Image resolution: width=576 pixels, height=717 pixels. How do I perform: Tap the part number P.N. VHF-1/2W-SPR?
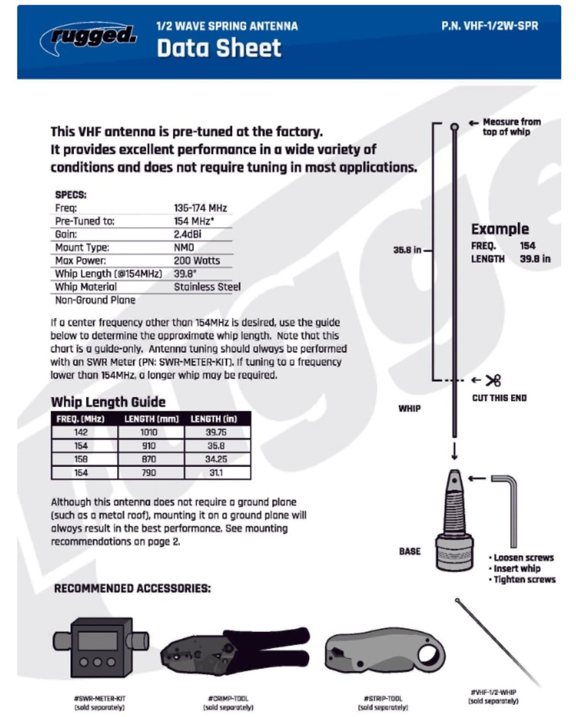click(490, 26)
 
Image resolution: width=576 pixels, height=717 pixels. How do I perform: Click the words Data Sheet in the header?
click(219, 48)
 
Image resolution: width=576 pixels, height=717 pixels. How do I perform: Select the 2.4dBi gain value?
click(187, 234)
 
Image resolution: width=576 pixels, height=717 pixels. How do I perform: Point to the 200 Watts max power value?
click(197, 261)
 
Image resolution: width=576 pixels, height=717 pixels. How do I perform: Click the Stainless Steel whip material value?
click(207, 287)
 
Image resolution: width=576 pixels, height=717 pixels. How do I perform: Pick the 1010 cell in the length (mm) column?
click(149, 432)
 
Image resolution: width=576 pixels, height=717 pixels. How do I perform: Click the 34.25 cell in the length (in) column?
click(216, 459)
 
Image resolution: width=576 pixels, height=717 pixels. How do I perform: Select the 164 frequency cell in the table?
click(81, 473)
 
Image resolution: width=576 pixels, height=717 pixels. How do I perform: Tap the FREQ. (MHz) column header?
click(80, 419)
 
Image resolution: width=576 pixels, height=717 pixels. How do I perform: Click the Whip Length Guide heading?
click(108, 402)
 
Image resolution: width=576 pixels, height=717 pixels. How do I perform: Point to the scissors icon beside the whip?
click(493, 381)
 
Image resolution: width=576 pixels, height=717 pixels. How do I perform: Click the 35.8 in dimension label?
click(407, 250)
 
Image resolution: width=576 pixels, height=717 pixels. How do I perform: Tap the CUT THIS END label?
click(499, 398)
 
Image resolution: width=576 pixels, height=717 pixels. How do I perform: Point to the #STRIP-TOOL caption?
click(383, 698)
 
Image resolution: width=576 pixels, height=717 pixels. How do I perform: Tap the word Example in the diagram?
click(500, 229)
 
